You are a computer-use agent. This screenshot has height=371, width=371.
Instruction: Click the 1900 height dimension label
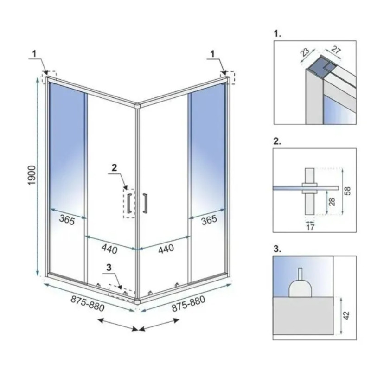click(x=32, y=175)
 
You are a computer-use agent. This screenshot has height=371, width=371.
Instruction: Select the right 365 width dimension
click(x=209, y=220)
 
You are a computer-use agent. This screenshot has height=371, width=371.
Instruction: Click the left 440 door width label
click(x=109, y=249)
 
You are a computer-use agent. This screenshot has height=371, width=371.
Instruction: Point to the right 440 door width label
click(x=166, y=249)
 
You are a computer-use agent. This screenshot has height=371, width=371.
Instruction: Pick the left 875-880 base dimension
click(x=87, y=304)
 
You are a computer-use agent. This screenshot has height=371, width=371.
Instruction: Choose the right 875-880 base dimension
click(x=188, y=304)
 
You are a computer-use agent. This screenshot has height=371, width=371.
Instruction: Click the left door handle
click(x=129, y=203)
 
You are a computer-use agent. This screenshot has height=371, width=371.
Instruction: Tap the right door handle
click(x=145, y=203)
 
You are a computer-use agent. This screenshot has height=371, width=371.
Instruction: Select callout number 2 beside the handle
click(x=114, y=168)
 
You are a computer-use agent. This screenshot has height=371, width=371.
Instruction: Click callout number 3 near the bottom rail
click(x=109, y=268)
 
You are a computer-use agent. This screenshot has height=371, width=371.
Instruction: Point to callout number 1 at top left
click(x=34, y=54)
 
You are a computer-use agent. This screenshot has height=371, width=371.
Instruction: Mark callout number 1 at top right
click(x=212, y=54)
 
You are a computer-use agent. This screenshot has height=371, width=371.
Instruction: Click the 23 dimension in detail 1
click(x=306, y=52)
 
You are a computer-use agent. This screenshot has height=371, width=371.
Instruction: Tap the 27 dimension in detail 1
click(x=335, y=50)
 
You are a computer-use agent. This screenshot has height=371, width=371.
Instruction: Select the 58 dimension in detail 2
click(x=347, y=191)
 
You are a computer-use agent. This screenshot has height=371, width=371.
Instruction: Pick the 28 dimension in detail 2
click(x=333, y=202)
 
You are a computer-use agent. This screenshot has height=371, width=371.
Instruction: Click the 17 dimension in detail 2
click(x=310, y=227)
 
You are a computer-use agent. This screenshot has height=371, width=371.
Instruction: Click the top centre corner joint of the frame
click(x=137, y=106)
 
